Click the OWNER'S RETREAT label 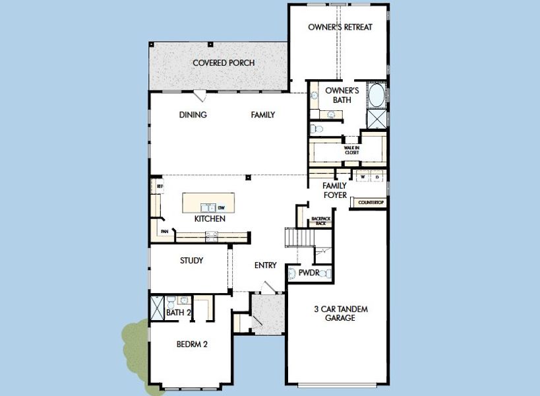[340, 27]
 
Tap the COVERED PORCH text [224, 63]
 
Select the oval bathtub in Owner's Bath [376, 95]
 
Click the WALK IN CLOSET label [351, 150]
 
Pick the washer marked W [362, 176]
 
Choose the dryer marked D [377, 176]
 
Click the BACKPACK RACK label [320, 221]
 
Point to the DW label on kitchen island [222, 207]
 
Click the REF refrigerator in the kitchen [159, 187]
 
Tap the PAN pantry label [164, 232]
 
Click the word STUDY [191, 261]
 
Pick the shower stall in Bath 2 [157, 308]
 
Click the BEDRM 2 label [193, 344]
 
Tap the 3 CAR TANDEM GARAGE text [340, 313]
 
